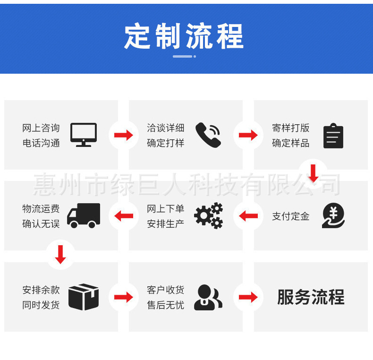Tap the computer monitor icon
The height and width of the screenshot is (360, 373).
click(x=84, y=135)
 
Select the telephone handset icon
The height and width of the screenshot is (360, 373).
click(x=208, y=135)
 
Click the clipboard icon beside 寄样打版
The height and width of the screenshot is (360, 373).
click(x=333, y=136)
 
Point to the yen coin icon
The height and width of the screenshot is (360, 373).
click(x=333, y=216)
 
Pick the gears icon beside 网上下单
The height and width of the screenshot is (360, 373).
click(x=208, y=216)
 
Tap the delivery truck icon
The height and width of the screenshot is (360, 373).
click(x=84, y=215)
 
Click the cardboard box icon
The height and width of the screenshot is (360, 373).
click(x=84, y=297)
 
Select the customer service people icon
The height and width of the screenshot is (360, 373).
click(x=208, y=297)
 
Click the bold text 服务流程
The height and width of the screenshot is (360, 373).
click(x=311, y=297)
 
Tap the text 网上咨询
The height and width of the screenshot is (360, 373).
click(x=41, y=128)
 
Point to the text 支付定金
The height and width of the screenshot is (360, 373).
click(x=291, y=216)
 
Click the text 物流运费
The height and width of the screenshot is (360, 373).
click(x=41, y=209)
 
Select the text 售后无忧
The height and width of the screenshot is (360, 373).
click(x=166, y=305)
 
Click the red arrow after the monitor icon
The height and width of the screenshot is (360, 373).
click(x=124, y=136)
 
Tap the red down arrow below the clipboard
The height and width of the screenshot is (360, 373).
click(x=313, y=173)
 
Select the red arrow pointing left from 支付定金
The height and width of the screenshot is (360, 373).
click(x=248, y=216)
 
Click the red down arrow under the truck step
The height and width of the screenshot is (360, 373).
click(x=60, y=254)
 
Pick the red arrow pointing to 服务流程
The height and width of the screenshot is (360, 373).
click(x=248, y=297)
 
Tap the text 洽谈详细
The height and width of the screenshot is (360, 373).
click(x=166, y=128)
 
